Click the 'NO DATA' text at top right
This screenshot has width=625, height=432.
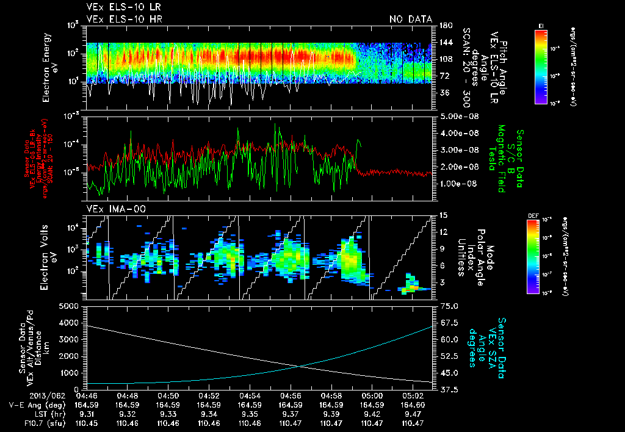point(411,19)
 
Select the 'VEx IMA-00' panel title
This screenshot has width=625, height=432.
point(108,209)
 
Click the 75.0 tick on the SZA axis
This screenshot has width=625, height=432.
point(446,306)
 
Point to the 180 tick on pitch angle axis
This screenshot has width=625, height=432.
point(445,26)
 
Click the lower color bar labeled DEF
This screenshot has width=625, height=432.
point(541,256)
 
